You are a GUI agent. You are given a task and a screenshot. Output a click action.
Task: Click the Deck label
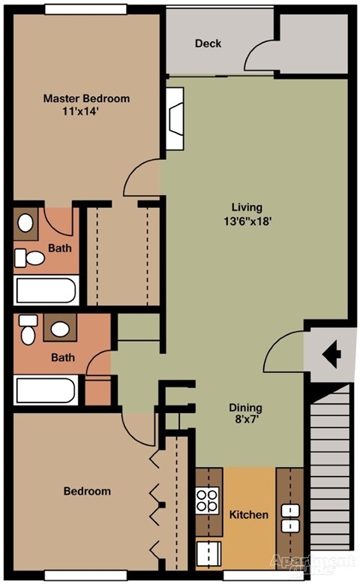click(208, 44)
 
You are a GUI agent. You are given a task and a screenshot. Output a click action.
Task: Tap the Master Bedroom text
click(86, 98)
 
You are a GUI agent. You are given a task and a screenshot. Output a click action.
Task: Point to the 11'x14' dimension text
click(81, 112)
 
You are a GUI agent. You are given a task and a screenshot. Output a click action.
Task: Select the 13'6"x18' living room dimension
click(246, 221)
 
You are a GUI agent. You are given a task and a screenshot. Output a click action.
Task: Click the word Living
click(246, 207)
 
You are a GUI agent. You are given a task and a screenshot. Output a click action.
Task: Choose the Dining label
click(245, 408)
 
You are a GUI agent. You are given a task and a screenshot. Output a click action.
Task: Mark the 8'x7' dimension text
click(245, 422)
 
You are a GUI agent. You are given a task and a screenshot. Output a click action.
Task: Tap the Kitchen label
click(248, 515)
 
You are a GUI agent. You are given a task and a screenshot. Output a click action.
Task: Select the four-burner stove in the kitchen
click(207, 501)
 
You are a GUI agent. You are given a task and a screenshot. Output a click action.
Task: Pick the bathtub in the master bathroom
click(46, 291)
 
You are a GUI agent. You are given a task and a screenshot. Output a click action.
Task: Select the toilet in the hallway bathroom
click(28, 330)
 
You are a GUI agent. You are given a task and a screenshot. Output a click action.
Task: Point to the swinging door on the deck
click(262, 57)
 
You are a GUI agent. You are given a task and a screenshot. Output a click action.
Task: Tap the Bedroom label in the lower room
click(86, 492)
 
